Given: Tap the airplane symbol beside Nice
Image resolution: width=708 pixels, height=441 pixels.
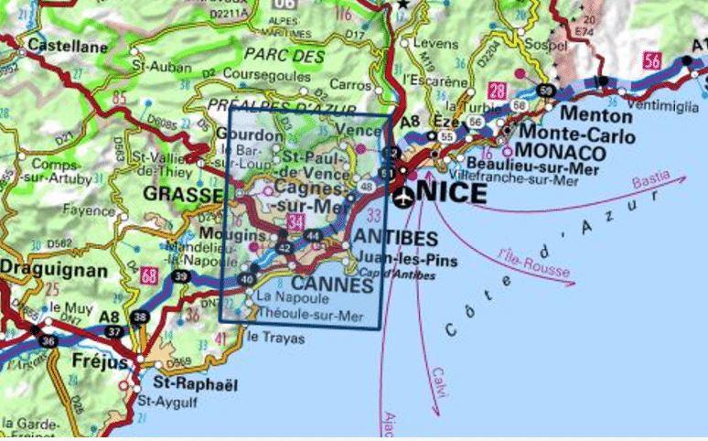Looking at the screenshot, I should click(x=402, y=196).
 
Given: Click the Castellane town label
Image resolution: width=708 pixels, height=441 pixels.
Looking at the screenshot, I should click(x=68, y=45).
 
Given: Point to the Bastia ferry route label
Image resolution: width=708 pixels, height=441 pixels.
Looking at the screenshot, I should click(x=650, y=181).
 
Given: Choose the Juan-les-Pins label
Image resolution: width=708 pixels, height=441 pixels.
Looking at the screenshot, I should click(x=396, y=259).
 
